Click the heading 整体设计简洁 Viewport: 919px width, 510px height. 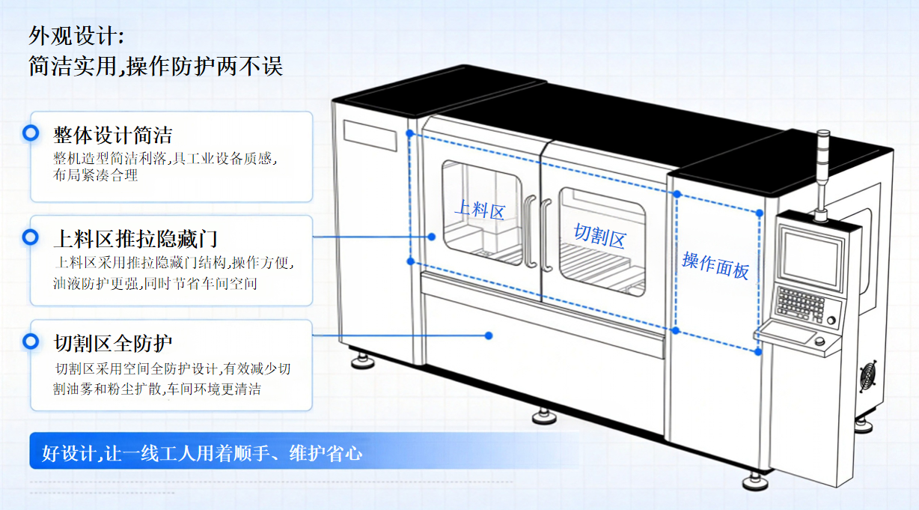pyautogui.click(x=113, y=135)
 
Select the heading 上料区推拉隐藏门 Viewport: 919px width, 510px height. pyautogui.click(x=135, y=239)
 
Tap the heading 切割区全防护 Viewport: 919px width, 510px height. pyautogui.click(x=113, y=343)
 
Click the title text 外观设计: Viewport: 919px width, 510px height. pyautogui.click(x=76, y=36)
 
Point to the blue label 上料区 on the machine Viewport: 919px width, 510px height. pyautogui.click(x=480, y=210)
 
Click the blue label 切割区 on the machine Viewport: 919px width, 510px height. pyautogui.click(x=599, y=236)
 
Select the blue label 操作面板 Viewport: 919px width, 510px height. pyautogui.click(x=715, y=266)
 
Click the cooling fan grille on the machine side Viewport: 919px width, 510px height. pyautogui.click(x=868, y=376)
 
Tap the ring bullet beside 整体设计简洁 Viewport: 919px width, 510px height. pyautogui.click(x=31, y=133)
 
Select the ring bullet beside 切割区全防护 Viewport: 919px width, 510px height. pyautogui.click(x=31, y=341)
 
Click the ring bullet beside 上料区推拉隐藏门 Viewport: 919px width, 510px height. pyautogui.click(x=31, y=237)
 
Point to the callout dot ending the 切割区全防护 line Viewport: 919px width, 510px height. pyautogui.click(x=489, y=336)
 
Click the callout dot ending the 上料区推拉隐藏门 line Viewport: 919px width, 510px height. pyautogui.click(x=431, y=237)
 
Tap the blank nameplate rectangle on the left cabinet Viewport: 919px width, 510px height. pyautogui.click(x=370, y=136)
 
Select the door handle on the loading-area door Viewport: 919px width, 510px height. pyautogui.click(x=529, y=232)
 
